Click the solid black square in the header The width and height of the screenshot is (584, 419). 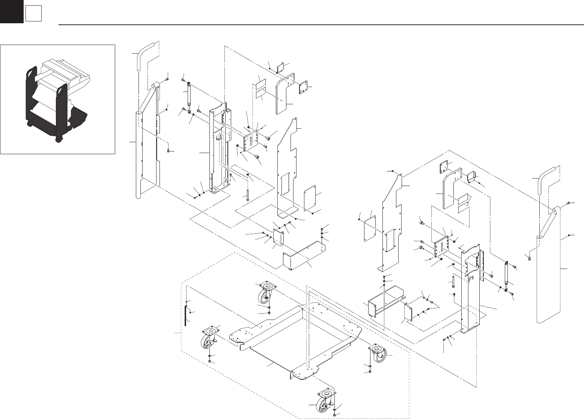point(11,12)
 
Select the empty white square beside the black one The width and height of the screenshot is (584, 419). point(33,14)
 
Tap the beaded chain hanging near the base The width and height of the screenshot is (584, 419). point(186,315)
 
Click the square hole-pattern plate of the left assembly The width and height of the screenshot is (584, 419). point(304,89)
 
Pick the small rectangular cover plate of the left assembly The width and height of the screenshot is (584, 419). point(310,197)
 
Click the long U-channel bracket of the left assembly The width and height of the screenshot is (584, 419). point(304,255)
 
